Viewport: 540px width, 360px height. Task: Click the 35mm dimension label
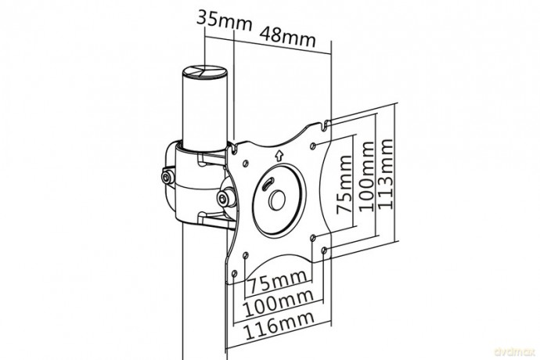pos(224,20)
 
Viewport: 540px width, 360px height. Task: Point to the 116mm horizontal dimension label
pos(279,326)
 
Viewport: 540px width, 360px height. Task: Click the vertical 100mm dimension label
pos(366,176)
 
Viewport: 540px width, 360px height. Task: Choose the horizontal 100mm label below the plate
pos(279,303)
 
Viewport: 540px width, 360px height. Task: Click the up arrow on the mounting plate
pos(279,157)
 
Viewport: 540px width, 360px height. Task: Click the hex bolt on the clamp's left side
pos(167,178)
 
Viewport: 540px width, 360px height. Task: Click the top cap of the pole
pos(205,73)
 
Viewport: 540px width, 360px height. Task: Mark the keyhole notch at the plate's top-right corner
pos(325,125)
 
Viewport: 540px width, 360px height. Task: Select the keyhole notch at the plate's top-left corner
pos(236,149)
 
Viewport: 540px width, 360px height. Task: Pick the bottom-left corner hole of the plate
pos(234,274)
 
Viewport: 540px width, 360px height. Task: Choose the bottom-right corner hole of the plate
pos(324,250)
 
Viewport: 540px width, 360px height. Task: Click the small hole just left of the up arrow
pos(245,163)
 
